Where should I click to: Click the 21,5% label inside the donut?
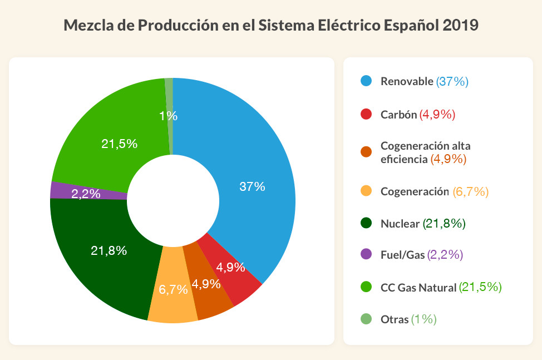point(119,144)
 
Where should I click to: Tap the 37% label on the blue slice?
point(252,187)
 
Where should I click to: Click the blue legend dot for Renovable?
point(366,81)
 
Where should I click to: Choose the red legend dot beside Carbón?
point(366,115)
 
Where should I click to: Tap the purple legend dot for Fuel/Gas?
point(366,254)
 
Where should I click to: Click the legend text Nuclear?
point(400,224)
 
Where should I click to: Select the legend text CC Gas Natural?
point(418,288)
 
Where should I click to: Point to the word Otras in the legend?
point(394,319)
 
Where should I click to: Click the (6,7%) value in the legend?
point(471,191)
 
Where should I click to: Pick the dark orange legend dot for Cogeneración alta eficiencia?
point(366,152)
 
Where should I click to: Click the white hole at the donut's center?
point(172,200)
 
